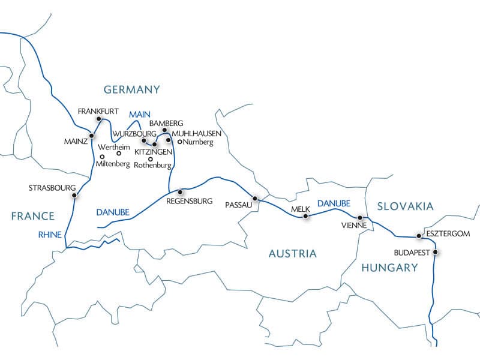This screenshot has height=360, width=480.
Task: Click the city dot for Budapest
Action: coord(436,252)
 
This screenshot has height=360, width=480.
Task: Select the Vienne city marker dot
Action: coord(360,218)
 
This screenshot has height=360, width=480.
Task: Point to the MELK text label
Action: coord(299,208)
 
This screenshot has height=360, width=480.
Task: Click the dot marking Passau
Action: coord(255,198)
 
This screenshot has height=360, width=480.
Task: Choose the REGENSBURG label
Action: coord(189,202)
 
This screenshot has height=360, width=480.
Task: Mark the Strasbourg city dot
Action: coord(74,195)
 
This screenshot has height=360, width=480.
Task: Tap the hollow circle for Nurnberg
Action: coord(179,142)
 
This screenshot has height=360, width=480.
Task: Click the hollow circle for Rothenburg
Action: coord(142,159)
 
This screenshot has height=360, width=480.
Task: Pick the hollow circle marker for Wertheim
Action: coord(119,154)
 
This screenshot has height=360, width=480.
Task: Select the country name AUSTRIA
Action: coord(292,254)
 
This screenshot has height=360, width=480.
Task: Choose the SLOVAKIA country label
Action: coord(404,206)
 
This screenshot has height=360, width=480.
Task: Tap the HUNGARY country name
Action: coord(389,268)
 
